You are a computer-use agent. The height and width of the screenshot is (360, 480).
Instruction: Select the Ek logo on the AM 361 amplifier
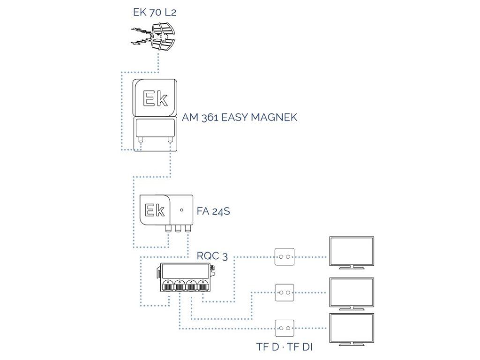pyautogui.click(x=154, y=98)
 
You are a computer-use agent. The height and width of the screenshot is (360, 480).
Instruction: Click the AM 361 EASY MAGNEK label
pyautogui.click(x=240, y=117)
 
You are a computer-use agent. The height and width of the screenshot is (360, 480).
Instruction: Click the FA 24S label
pyautogui.click(x=214, y=212)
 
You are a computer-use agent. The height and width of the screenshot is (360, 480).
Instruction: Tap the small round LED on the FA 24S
pyautogui.click(x=181, y=210)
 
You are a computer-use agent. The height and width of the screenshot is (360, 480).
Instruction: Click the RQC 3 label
pyautogui.click(x=213, y=256)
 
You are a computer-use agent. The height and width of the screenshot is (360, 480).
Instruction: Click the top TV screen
pyautogui.click(x=352, y=252)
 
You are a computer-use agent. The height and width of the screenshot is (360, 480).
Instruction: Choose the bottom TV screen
pyautogui.click(x=352, y=329)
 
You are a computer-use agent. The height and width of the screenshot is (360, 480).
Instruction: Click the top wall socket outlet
pyautogui.click(x=285, y=257)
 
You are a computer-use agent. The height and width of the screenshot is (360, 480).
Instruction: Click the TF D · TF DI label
pyautogui.click(x=285, y=347)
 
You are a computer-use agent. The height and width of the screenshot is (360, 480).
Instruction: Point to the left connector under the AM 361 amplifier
pyautogui.click(x=140, y=140)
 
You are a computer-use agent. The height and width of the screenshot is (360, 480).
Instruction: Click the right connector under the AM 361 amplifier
pyautogui.click(x=169, y=140)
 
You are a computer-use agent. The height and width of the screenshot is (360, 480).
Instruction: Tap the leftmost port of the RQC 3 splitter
pyautogui.click(x=167, y=285)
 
